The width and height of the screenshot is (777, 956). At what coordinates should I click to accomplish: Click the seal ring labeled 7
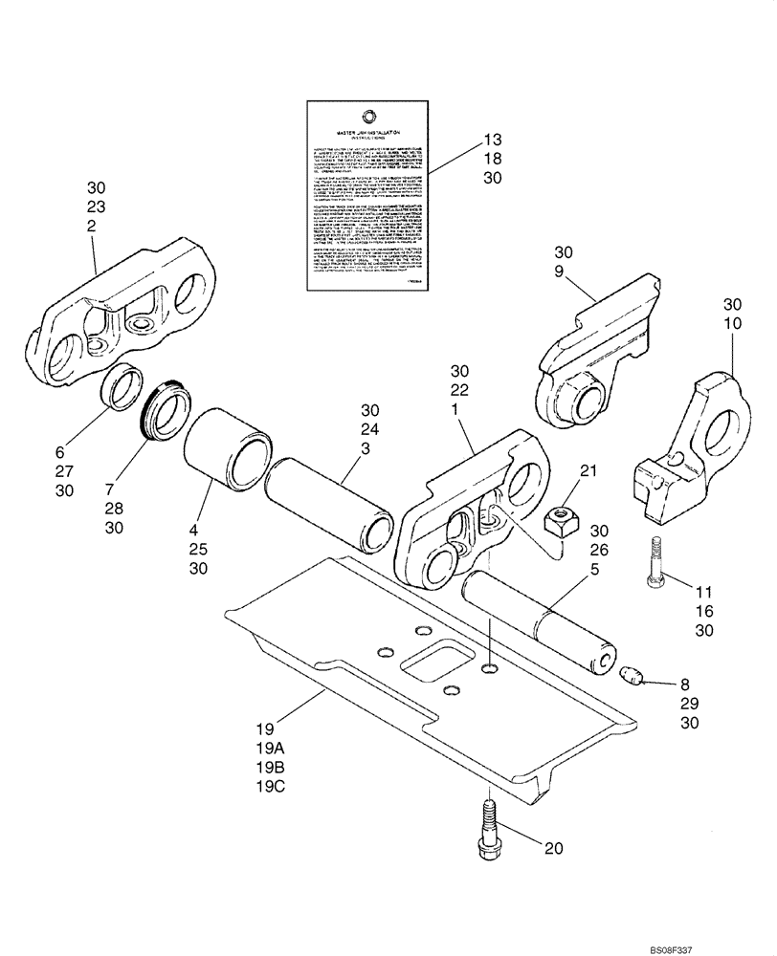(165, 414)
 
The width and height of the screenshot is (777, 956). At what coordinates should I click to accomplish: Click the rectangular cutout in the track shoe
(437, 663)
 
